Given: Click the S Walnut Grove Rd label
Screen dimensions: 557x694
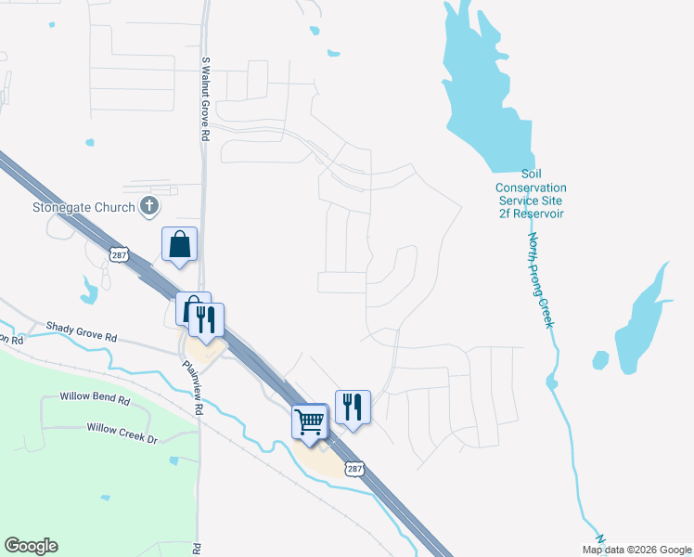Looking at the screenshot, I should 205,97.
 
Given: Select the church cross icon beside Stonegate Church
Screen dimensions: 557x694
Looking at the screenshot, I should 149,206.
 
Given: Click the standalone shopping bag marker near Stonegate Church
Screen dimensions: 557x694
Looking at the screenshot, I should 180,244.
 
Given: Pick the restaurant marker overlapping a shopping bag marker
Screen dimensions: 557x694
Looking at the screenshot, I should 206,319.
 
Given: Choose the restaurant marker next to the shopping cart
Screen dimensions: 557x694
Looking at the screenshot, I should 353,407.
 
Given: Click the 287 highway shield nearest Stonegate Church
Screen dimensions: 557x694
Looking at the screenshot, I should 118,254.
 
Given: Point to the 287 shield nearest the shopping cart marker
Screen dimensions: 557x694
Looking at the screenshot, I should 353,470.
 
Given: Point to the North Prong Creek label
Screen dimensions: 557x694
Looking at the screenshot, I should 541,278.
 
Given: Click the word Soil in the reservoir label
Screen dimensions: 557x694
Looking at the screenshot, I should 531,174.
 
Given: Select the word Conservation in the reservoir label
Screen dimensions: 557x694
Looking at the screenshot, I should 531,187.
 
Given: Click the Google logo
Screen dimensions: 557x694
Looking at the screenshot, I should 31,546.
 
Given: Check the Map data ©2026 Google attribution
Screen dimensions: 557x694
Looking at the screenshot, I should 637,550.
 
